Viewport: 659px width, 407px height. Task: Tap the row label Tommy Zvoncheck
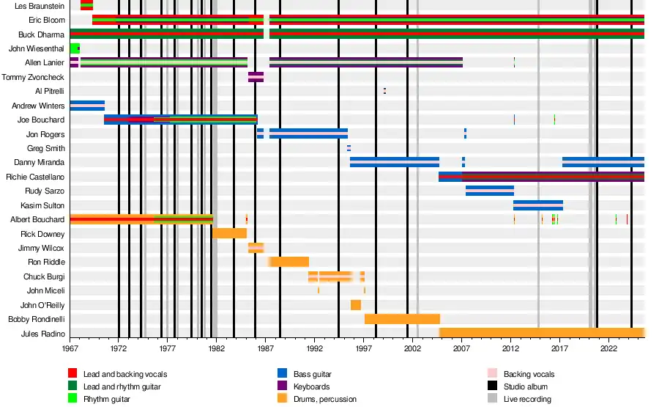click(34, 77)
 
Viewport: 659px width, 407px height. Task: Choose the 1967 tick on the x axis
click(70, 349)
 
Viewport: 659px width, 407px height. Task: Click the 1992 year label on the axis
click(315, 349)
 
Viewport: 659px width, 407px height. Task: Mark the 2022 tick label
click(608, 349)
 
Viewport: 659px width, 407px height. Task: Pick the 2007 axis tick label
click(462, 349)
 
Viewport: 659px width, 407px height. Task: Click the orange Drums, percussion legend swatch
click(282, 399)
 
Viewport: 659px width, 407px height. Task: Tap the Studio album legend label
click(525, 386)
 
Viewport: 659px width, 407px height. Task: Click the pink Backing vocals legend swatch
click(493, 374)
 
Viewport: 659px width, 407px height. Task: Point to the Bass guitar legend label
click(313, 374)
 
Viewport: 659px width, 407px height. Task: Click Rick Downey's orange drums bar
click(229, 233)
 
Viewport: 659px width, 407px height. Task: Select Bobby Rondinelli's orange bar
click(402, 319)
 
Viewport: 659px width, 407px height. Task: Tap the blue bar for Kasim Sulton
click(538, 205)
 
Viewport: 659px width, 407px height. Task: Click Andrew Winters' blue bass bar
click(87, 106)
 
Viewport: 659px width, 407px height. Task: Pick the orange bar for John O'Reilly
click(356, 304)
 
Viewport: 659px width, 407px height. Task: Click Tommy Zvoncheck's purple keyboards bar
click(256, 77)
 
